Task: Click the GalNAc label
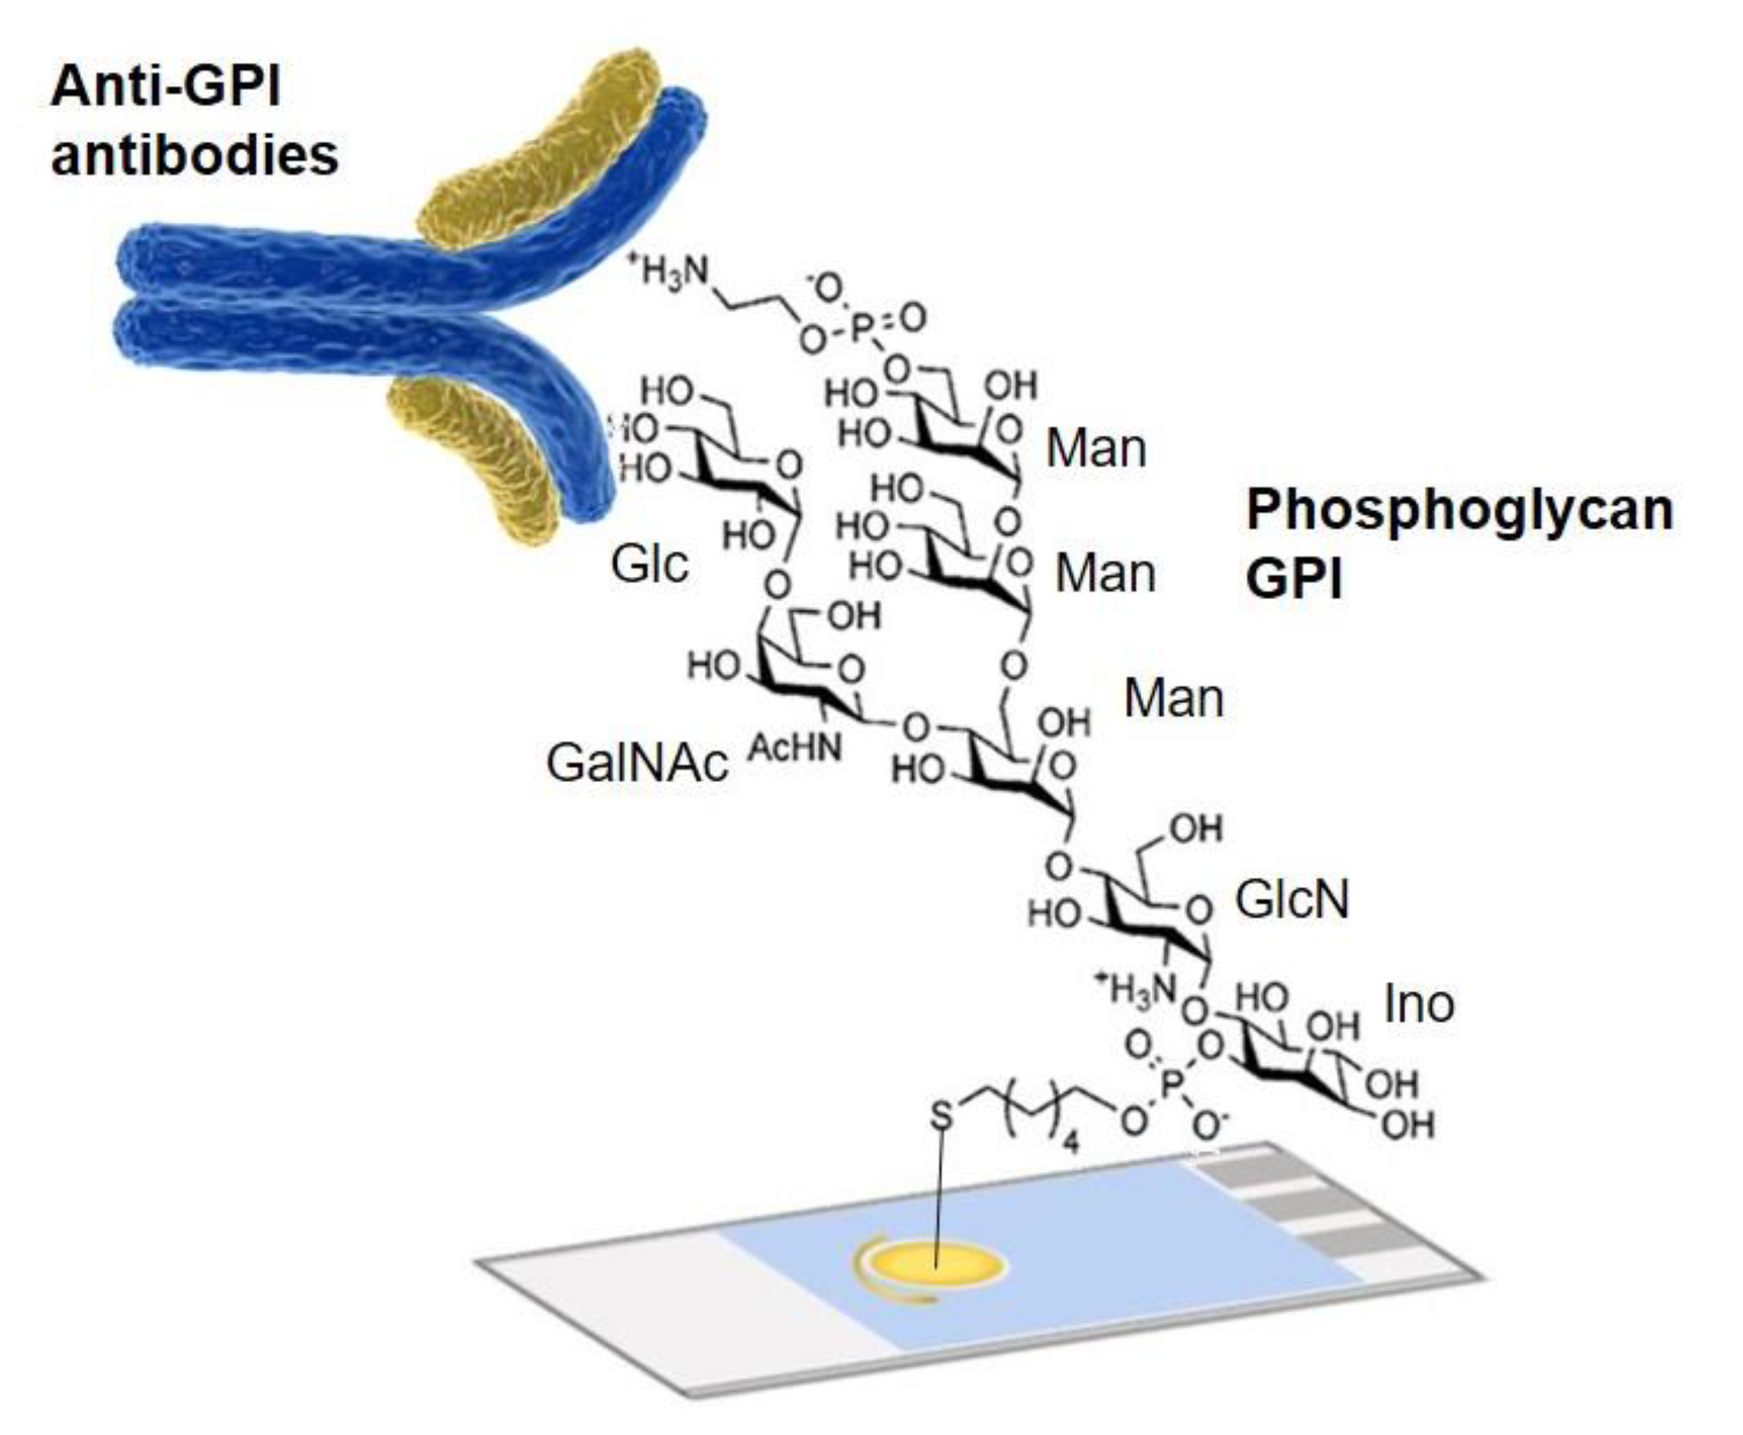[x=637, y=762]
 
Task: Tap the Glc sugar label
[x=649, y=566]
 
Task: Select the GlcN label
[x=1292, y=899]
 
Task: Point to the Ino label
[x=1419, y=1004]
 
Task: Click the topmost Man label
[x=1096, y=448]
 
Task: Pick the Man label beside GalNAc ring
[x=1173, y=700]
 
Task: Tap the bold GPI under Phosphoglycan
[x=1294, y=579]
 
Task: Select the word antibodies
[x=194, y=155]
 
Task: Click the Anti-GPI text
[x=165, y=86]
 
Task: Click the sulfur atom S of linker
[x=941, y=1117]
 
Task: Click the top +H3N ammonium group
[x=670, y=269]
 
